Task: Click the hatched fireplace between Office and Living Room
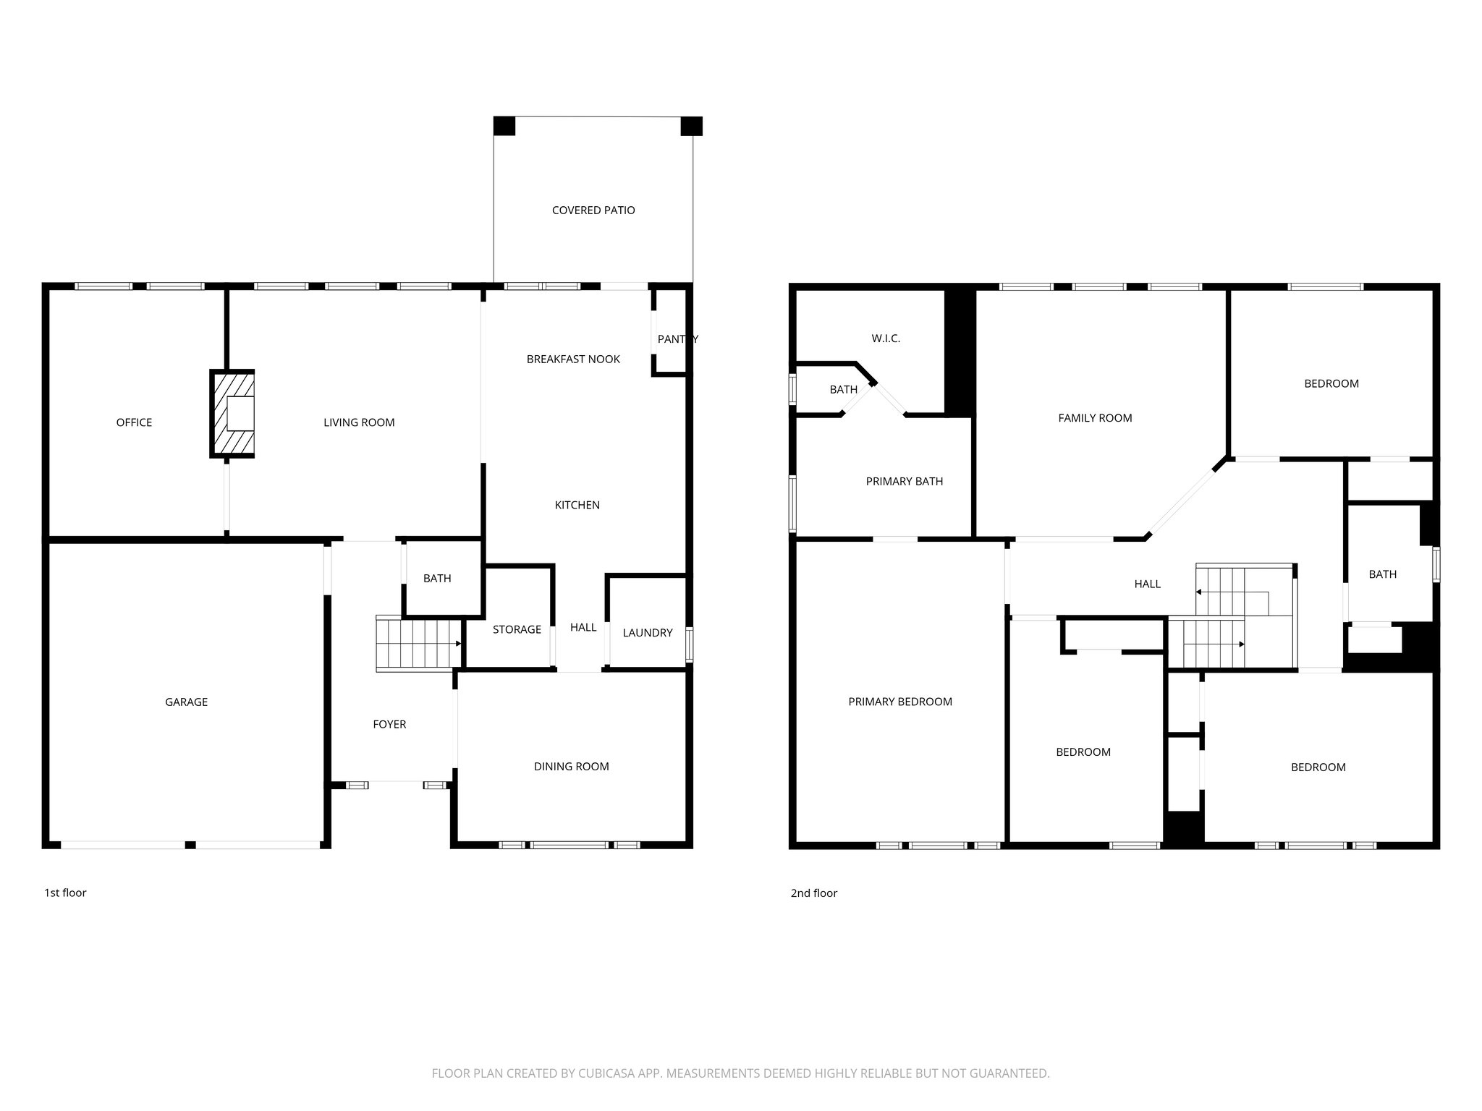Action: (233, 414)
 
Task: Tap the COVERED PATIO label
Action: (593, 210)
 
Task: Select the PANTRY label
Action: (677, 339)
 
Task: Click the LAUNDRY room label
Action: (647, 633)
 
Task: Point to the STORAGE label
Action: (517, 630)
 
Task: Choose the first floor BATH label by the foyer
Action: (437, 579)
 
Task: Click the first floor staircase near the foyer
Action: (418, 644)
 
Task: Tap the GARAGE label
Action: (186, 702)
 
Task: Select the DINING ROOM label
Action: (571, 767)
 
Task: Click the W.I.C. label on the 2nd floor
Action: (886, 339)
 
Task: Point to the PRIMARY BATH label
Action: (904, 482)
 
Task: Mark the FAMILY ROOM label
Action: (1095, 418)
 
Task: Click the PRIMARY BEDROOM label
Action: (899, 702)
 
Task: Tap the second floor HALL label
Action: (1147, 584)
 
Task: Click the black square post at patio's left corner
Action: (504, 127)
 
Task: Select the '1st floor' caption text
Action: (65, 893)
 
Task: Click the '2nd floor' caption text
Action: (813, 893)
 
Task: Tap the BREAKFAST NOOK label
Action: (573, 359)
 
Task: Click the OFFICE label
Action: (134, 423)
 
